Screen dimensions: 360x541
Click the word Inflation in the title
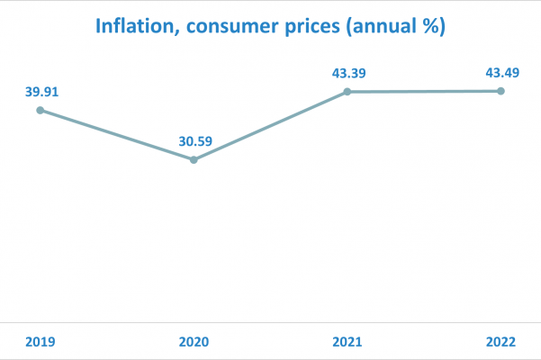tap(132, 27)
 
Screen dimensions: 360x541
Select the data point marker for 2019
tap(40, 110)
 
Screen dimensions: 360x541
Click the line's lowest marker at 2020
tap(194, 159)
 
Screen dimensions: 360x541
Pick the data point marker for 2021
tap(347, 92)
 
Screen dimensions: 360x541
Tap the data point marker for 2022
tap(501, 91)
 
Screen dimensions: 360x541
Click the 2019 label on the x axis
tap(40, 342)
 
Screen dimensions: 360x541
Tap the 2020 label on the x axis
tap(194, 342)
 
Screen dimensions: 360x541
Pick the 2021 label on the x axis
tap(347, 342)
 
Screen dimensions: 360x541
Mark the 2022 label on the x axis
tap(501, 342)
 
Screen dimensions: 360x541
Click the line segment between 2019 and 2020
tap(117, 135)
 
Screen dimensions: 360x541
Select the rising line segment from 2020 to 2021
tap(270, 126)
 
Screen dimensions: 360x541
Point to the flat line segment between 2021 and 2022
tap(424, 91)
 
